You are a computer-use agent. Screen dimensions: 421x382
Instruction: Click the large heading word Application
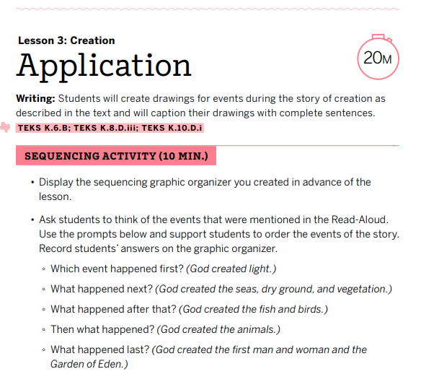pyautogui.click(x=104, y=66)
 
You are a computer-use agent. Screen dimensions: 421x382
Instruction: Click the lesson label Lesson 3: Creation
pyautogui.click(x=66, y=40)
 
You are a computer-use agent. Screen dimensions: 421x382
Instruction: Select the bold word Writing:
pyautogui.click(x=35, y=98)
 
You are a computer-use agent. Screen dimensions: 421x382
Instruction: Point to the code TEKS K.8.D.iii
pyautogui.click(x=107, y=128)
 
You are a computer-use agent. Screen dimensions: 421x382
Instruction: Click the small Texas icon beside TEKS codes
pyautogui.click(x=7, y=128)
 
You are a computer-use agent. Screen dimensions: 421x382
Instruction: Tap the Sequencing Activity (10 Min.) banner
pyautogui.click(x=115, y=156)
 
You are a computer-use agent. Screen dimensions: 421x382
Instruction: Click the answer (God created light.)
pyautogui.click(x=231, y=269)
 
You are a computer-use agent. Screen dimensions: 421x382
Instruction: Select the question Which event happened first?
pyautogui.click(x=117, y=269)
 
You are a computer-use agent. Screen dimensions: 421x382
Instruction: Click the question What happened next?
pyautogui.click(x=102, y=290)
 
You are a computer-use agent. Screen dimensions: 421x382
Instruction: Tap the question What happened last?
pyautogui.click(x=100, y=350)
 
